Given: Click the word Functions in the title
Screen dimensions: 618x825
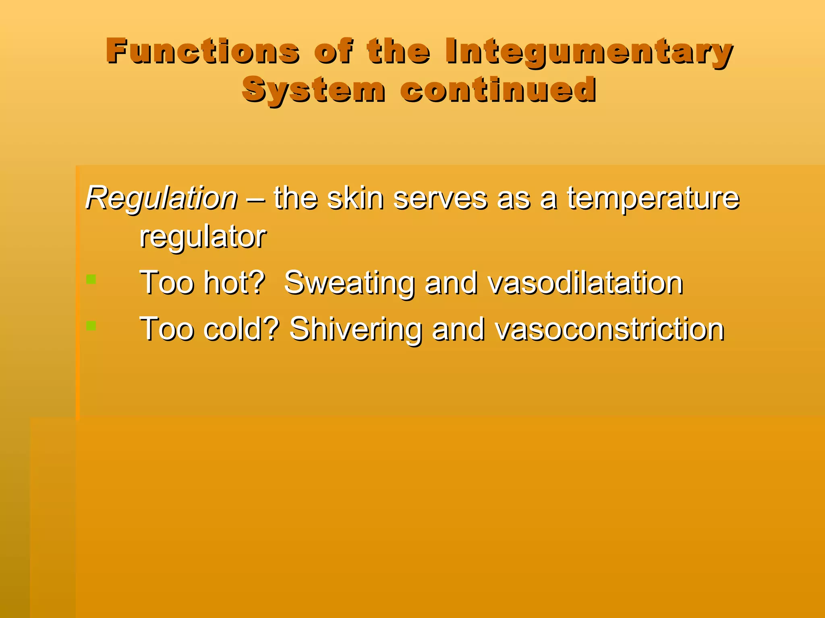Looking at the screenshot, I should pos(203,51).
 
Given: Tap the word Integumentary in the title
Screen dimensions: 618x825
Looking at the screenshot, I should pos(589,52).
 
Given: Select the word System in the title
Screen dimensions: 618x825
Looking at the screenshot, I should pos(313,89).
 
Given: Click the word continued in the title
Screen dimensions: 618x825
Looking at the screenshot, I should pos(498,89).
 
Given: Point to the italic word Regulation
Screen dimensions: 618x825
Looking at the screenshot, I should pos(162,198).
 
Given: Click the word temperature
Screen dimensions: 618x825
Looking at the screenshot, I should pos(653,198).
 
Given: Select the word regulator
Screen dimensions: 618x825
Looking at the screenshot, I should pos(203,237).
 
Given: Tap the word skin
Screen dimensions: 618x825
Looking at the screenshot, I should pos(355,198).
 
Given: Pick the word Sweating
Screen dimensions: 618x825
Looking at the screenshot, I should pos(349,283).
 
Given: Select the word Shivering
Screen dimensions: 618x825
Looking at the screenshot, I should pos(356,329).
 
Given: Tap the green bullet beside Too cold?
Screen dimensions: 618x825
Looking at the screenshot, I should pos(91,325).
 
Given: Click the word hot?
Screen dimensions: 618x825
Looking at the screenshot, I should pos(234,283).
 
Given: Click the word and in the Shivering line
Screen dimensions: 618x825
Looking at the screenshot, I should pos(458,329).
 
